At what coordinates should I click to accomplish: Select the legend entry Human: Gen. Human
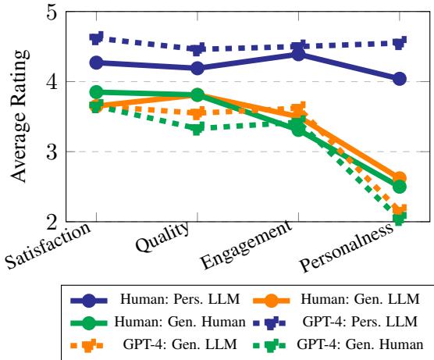(164, 320)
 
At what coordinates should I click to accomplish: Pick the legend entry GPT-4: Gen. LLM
(164, 342)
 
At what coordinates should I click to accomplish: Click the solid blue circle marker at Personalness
(399, 78)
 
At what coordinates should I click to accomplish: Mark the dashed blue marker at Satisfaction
(96, 38)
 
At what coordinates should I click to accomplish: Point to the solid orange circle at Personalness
(399, 178)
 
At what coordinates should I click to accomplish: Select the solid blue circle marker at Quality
(197, 68)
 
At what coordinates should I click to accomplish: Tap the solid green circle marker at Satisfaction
(96, 92)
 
